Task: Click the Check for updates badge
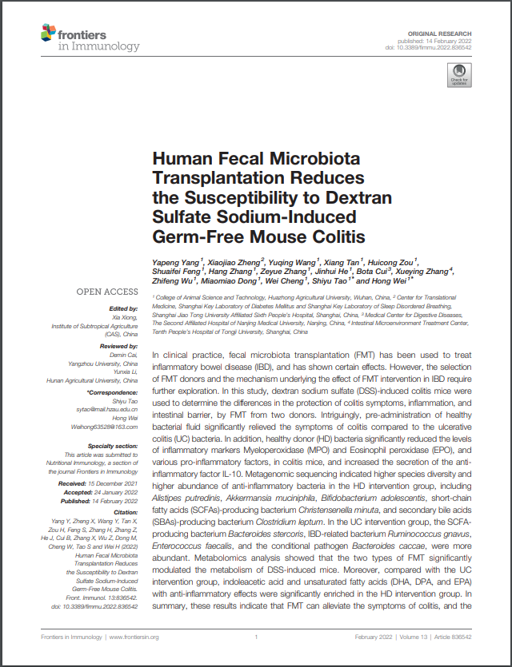(459, 77)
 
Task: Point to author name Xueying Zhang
(423, 271)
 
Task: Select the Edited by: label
(122, 308)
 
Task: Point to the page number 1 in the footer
(255, 637)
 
